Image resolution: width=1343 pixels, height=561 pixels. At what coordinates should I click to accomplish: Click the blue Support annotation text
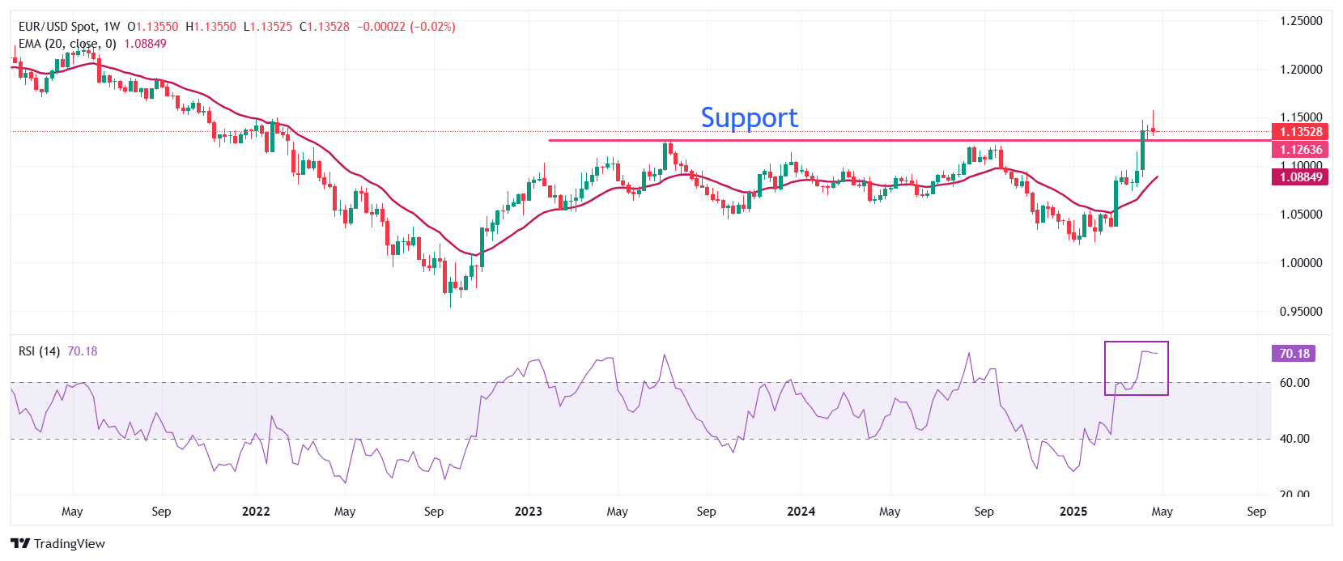[749, 118]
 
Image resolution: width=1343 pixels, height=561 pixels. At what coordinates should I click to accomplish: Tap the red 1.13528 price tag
[1300, 132]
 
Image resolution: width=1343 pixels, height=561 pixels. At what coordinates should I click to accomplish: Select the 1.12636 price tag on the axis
[1300, 150]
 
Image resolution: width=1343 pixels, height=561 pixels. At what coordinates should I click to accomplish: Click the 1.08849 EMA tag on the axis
[1300, 177]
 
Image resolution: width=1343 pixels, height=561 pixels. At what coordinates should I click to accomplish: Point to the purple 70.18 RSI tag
[1294, 354]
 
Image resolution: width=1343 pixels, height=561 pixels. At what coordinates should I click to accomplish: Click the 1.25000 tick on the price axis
[1300, 21]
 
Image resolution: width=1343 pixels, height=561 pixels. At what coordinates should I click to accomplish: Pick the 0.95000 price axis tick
[1300, 312]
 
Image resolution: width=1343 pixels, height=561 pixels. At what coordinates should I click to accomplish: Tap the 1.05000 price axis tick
[1300, 215]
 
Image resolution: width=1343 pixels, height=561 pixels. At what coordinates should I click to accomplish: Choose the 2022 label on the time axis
[256, 512]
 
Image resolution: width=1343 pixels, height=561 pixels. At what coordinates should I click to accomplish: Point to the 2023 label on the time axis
[529, 512]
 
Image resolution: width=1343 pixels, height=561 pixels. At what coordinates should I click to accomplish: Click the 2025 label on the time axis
[1073, 512]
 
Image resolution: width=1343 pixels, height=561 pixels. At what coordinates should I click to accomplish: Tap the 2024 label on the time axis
[801, 512]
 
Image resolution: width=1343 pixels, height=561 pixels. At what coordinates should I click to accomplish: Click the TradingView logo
[58, 543]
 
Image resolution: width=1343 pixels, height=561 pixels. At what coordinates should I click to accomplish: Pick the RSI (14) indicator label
[39, 351]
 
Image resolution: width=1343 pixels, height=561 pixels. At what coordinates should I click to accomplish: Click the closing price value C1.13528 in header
[325, 27]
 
